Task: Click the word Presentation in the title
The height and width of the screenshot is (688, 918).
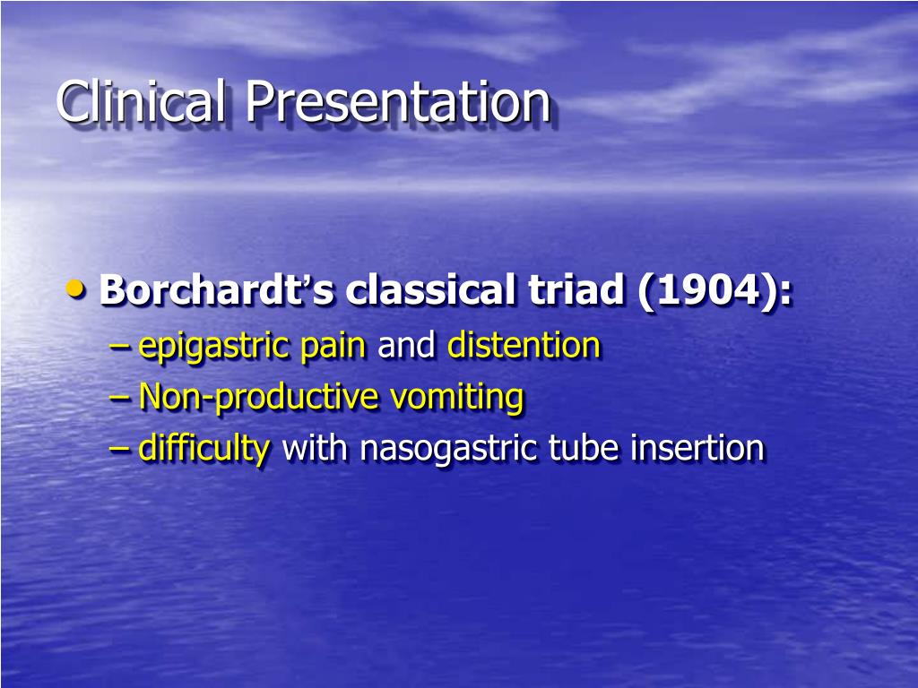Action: (x=397, y=101)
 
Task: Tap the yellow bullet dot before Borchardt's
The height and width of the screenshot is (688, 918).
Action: (x=78, y=288)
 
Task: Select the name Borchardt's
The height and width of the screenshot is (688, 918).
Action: (x=217, y=290)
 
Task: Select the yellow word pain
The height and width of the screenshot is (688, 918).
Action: (x=333, y=346)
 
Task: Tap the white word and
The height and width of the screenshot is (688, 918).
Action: (x=406, y=346)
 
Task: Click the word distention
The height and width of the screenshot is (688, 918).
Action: (x=524, y=346)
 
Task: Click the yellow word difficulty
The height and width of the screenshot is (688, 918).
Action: (x=204, y=448)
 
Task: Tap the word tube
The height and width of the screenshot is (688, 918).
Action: (x=573, y=448)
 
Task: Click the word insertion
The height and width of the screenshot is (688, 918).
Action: (x=697, y=448)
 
